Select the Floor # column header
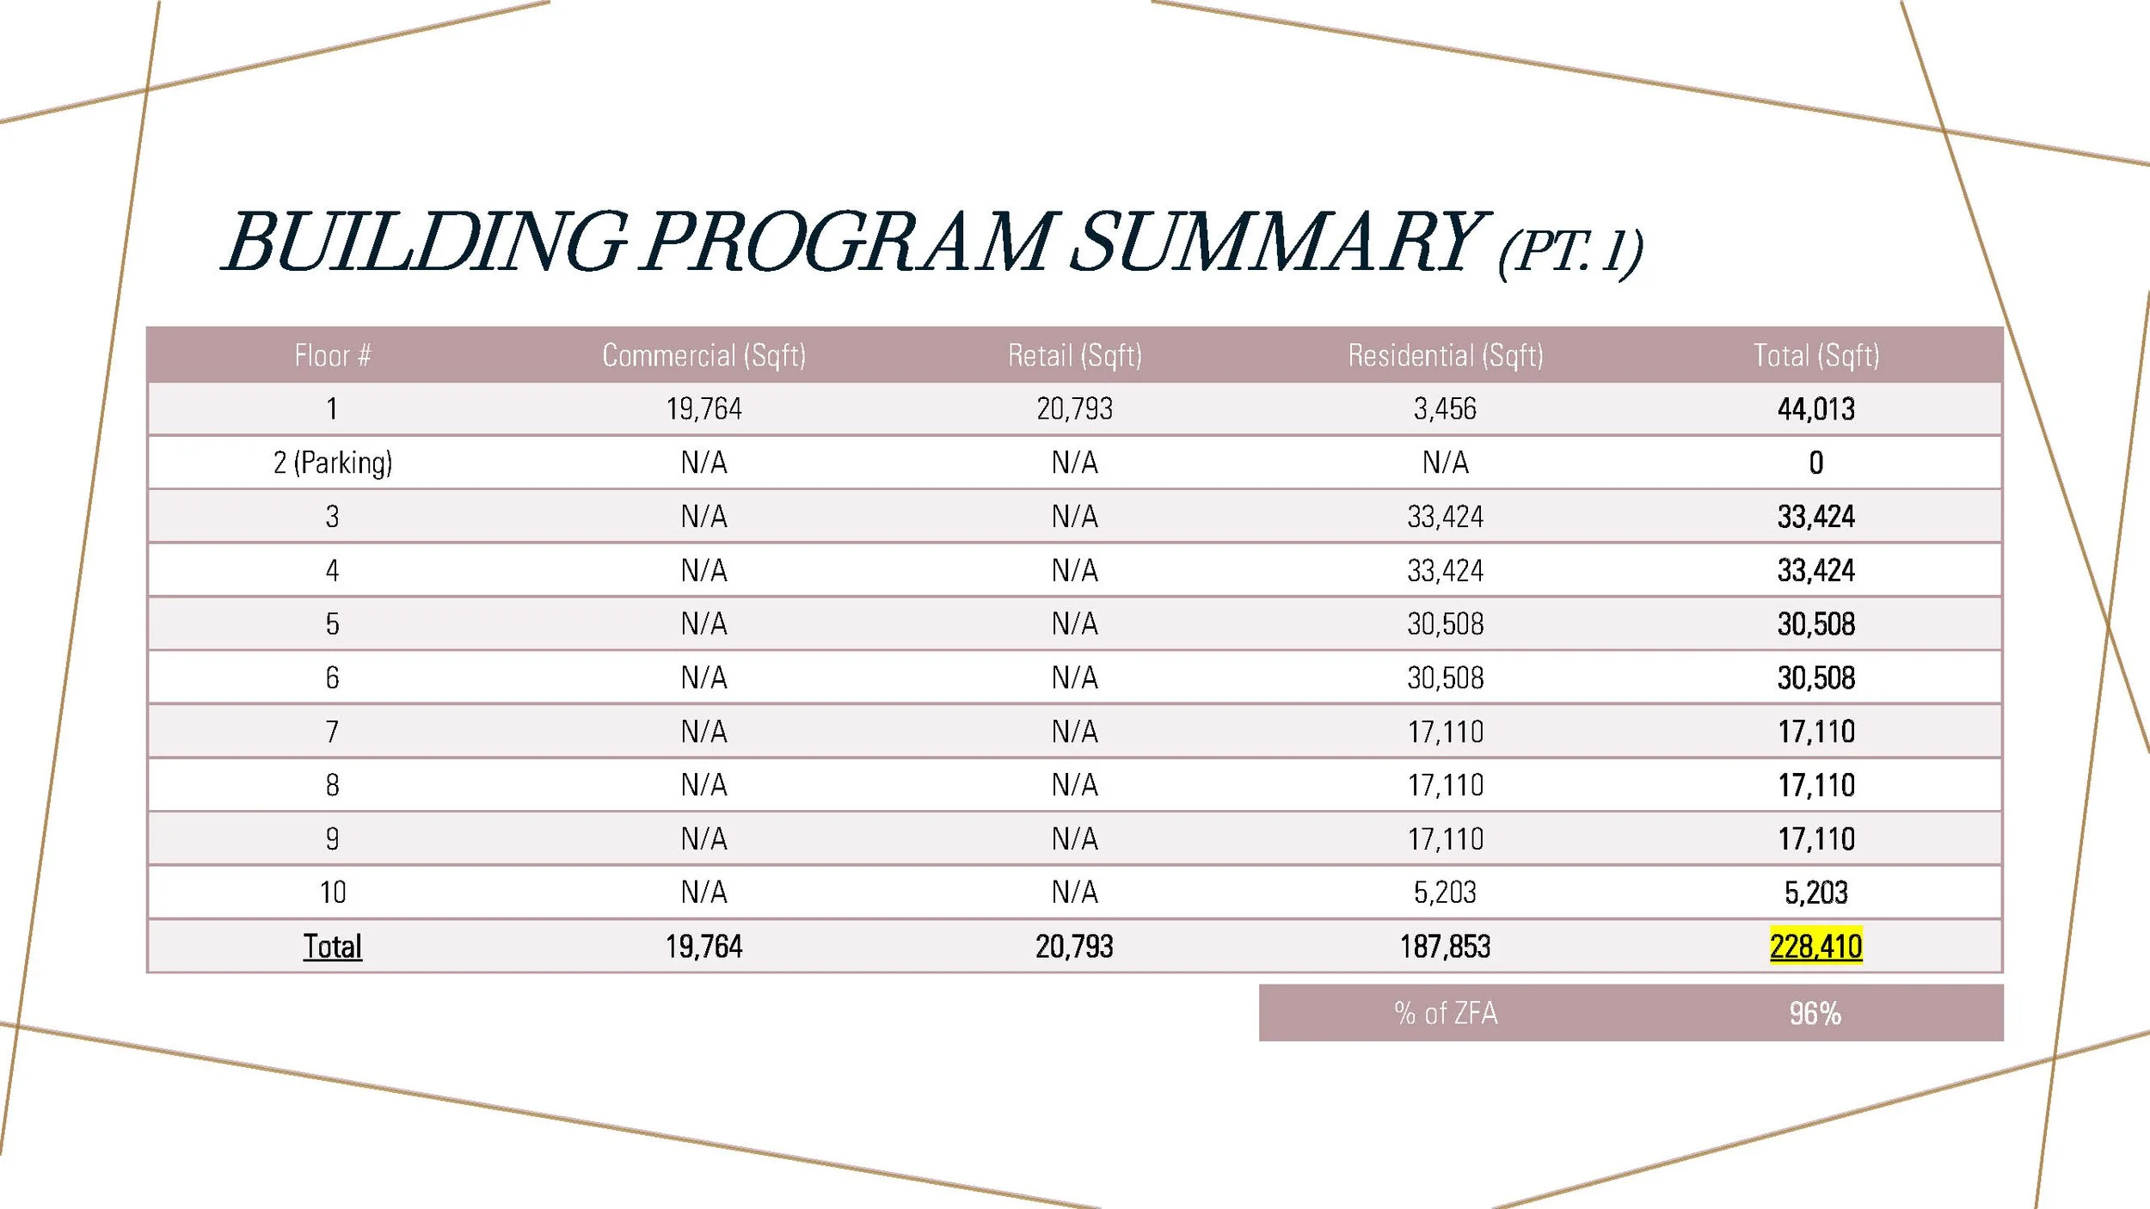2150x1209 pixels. pos(332,355)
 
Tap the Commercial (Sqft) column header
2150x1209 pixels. pos(703,355)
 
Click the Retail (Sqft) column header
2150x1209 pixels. pos(1074,355)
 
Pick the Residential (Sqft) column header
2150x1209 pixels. pos(1445,355)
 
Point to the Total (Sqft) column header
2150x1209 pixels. pos(1815,355)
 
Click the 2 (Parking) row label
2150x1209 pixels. pos(332,463)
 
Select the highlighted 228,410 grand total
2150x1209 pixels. pos(1815,947)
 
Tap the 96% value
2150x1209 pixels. pos(1815,1013)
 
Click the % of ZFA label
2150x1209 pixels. pos(1445,1013)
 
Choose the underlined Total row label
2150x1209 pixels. pos(332,947)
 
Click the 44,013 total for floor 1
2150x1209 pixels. pos(1815,409)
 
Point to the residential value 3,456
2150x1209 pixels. pos(1445,409)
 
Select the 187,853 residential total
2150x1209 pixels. pos(1445,947)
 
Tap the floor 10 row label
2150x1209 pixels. pos(332,893)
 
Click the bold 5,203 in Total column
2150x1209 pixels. pos(1815,893)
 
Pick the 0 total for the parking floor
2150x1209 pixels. pos(1815,463)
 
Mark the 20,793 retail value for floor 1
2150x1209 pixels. pos(1074,409)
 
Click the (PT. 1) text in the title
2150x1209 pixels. pos(1569,251)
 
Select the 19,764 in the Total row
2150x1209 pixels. pos(703,947)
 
